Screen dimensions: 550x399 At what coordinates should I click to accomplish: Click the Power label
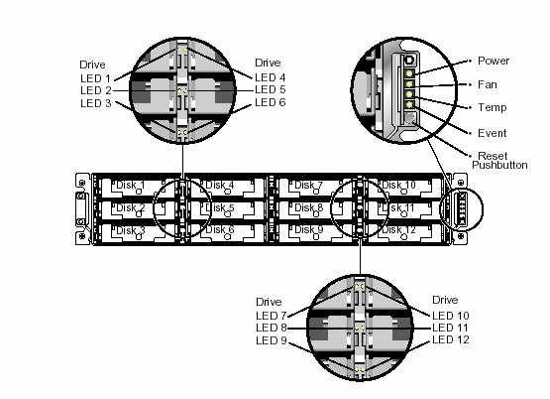(x=494, y=61)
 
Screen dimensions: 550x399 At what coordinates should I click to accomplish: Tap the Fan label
(x=488, y=84)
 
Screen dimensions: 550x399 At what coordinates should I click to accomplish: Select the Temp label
(x=493, y=107)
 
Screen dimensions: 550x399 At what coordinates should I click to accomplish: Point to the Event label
(x=493, y=133)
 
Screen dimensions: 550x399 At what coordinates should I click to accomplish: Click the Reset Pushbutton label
(x=499, y=161)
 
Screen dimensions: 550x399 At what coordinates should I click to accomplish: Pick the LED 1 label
(x=95, y=78)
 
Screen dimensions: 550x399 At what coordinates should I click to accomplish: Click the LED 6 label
(x=271, y=102)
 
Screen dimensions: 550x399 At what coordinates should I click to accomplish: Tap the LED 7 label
(x=272, y=316)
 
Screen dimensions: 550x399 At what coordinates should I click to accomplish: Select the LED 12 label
(x=451, y=339)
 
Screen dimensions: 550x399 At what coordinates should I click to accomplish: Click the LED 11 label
(x=450, y=328)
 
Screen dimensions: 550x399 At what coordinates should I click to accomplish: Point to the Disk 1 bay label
(x=130, y=185)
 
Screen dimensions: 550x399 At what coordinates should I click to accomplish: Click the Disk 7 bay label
(x=308, y=185)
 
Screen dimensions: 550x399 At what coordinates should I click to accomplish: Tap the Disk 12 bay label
(x=398, y=229)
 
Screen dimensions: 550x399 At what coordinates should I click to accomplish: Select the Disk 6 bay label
(x=220, y=229)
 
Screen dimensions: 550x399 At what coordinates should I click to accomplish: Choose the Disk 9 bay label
(x=308, y=229)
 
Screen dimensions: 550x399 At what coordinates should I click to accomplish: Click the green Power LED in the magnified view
(x=409, y=73)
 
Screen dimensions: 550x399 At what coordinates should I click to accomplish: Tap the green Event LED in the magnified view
(x=409, y=104)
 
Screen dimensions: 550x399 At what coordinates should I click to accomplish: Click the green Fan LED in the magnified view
(x=409, y=84)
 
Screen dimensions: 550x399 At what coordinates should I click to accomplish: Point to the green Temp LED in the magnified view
(x=409, y=94)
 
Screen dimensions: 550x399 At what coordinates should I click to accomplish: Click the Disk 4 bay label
(x=220, y=185)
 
